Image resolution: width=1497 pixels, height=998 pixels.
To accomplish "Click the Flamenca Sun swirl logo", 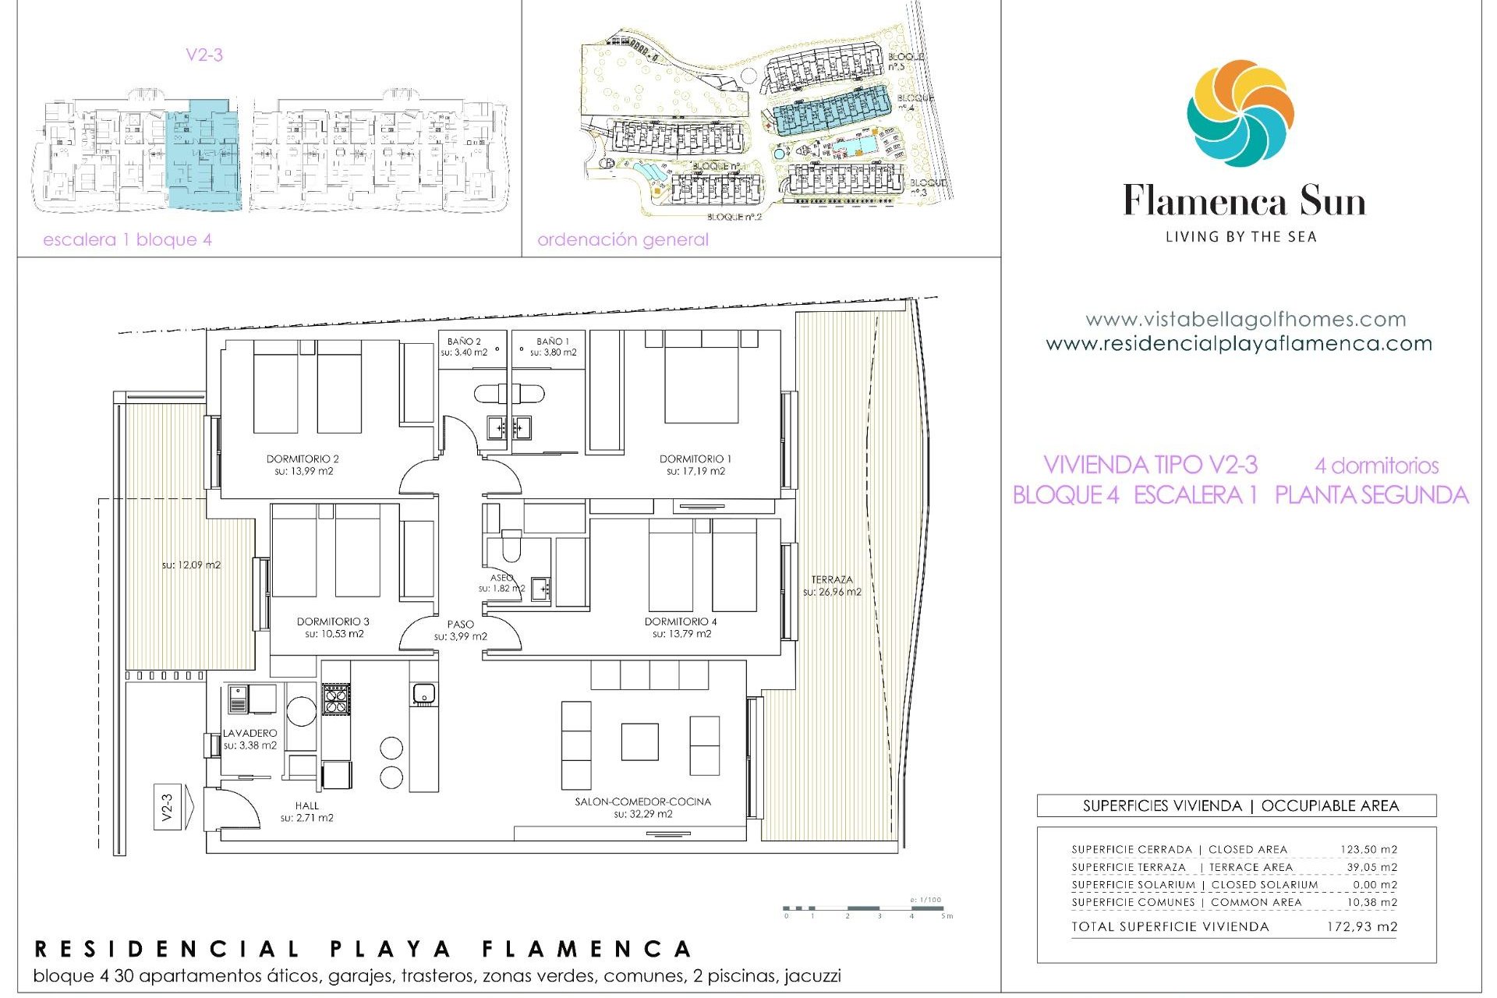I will (x=1240, y=114).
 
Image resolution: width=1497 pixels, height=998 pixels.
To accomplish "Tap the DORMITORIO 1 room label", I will (x=695, y=459).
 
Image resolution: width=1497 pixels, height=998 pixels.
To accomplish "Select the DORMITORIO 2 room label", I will (x=303, y=459).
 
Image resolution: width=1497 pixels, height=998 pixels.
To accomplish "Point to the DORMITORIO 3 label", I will (x=333, y=621).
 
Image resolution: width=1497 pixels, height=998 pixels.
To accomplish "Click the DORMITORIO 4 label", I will (x=681, y=621).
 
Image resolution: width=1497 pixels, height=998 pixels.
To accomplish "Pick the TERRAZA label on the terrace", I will (x=832, y=579).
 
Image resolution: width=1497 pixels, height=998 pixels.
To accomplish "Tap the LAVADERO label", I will (x=249, y=733).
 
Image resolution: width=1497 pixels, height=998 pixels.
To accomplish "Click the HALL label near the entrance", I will (x=306, y=805).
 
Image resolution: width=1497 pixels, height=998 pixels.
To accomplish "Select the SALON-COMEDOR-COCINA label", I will (x=642, y=802).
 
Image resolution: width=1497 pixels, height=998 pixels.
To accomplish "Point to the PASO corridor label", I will (x=461, y=624).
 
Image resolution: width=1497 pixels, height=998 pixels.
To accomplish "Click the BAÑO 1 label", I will (x=553, y=342).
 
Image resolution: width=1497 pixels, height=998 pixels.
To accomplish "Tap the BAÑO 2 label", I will (x=464, y=342).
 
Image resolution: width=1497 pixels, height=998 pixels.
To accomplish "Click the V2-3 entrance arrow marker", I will (x=168, y=807).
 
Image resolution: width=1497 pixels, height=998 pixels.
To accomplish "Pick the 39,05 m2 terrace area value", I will (x=1371, y=867).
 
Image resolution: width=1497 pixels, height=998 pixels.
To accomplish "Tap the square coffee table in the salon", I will (x=639, y=741).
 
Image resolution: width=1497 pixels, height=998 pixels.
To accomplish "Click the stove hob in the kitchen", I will (x=336, y=699).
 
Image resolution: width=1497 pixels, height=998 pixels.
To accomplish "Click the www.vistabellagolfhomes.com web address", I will (x=1245, y=319).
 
